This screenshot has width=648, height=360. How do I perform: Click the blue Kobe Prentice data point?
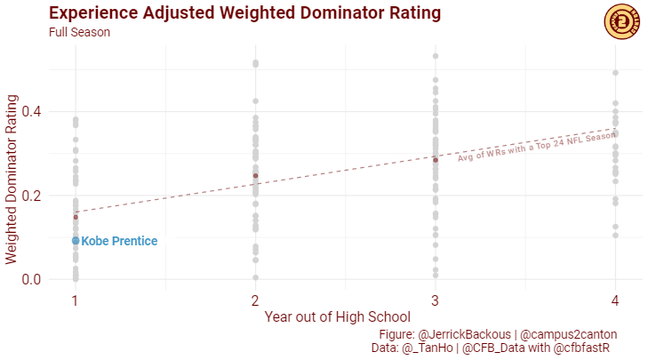pyautogui.click(x=76, y=241)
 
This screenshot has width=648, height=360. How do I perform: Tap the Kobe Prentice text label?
pyautogui.click(x=119, y=241)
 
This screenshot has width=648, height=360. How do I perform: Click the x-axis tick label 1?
pyautogui.click(x=76, y=300)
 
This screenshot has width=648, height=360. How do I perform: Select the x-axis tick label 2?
pyautogui.click(x=255, y=300)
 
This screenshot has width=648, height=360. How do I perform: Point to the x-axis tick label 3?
pyautogui.click(x=435, y=300)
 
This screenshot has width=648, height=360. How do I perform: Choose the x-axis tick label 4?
pyautogui.click(x=615, y=300)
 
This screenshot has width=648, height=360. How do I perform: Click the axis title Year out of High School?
pyautogui.click(x=337, y=316)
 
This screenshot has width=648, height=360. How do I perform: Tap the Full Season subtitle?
pyautogui.click(x=79, y=32)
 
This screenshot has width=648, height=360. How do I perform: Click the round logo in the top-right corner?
pyautogui.click(x=620, y=21)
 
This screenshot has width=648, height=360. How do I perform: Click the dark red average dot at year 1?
pyautogui.click(x=76, y=217)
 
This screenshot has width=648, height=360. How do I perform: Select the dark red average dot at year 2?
pyautogui.click(x=255, y=175)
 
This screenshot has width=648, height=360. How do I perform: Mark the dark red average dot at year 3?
pyautogui.click(x=435, y=159)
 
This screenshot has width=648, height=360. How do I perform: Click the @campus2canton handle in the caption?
pyautogui.click(x=568, y=334)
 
